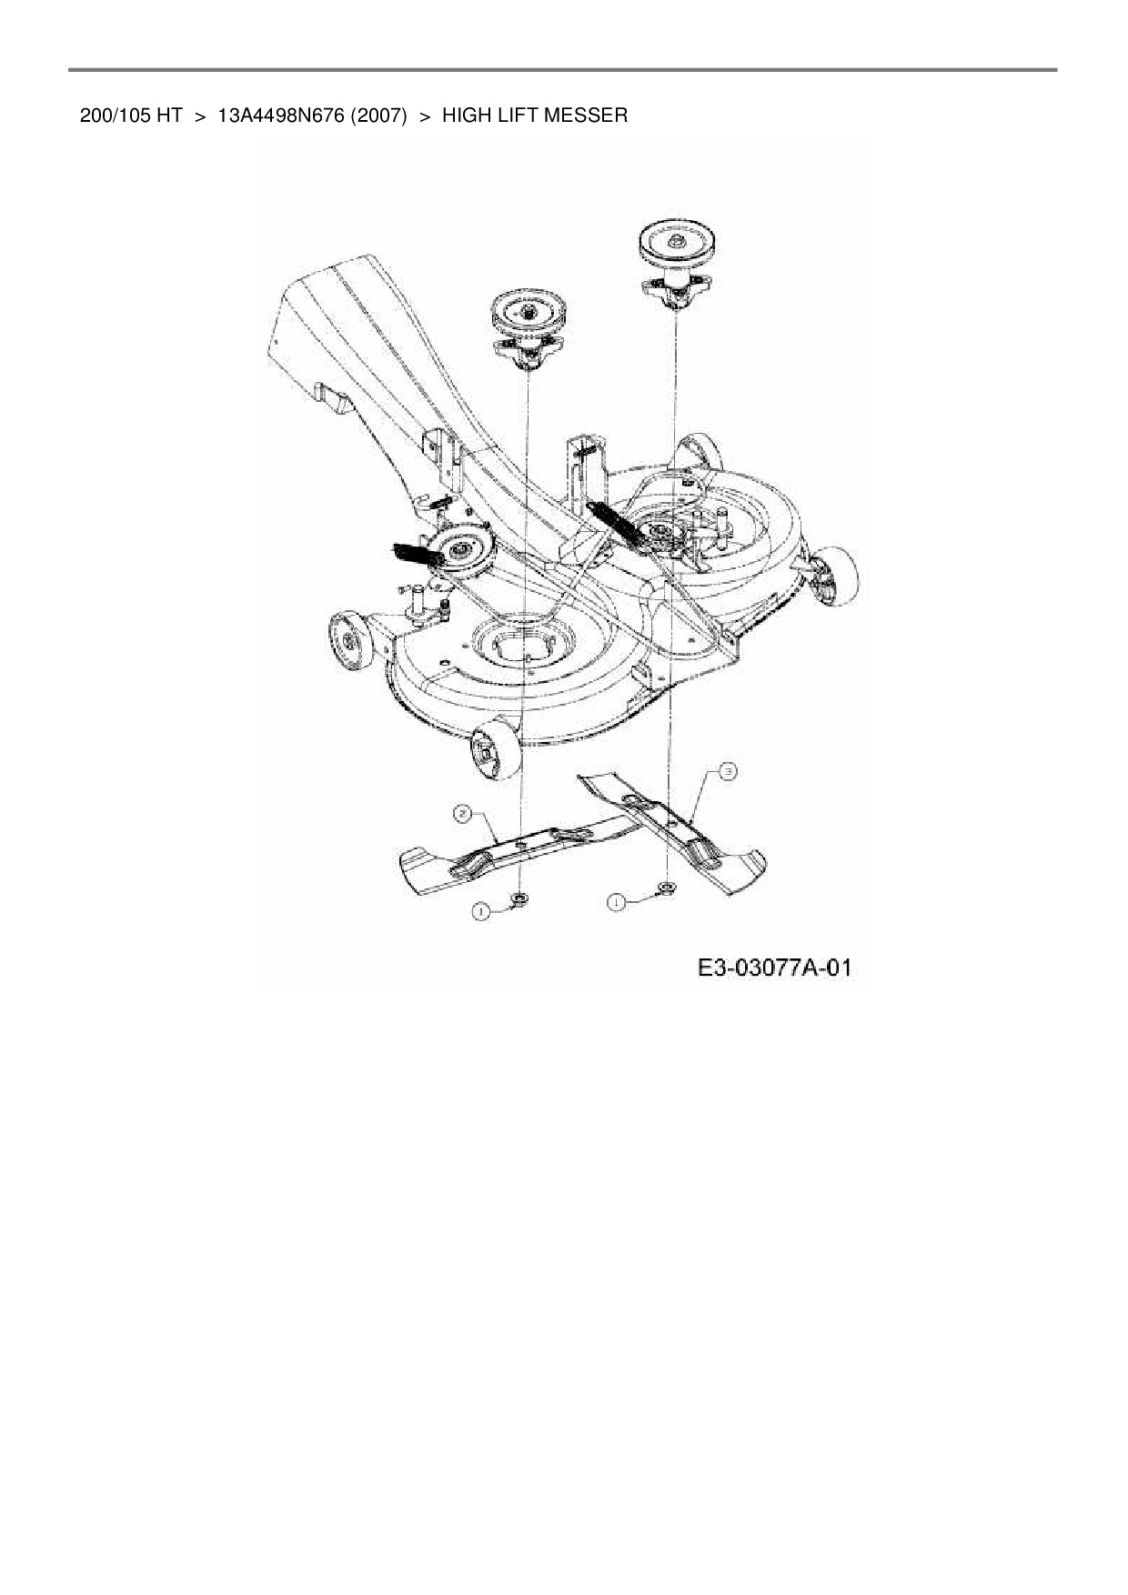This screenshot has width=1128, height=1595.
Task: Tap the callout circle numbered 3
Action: pyautogui.click(x=728, y=772)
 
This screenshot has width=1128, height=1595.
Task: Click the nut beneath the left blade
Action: pyautogui.click(x=521, y=899)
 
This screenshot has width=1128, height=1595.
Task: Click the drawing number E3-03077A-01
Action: pyautogui.click(x=774, y=968)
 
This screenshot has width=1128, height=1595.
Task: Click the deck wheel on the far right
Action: pyautogui.click(x=838, y=577)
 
